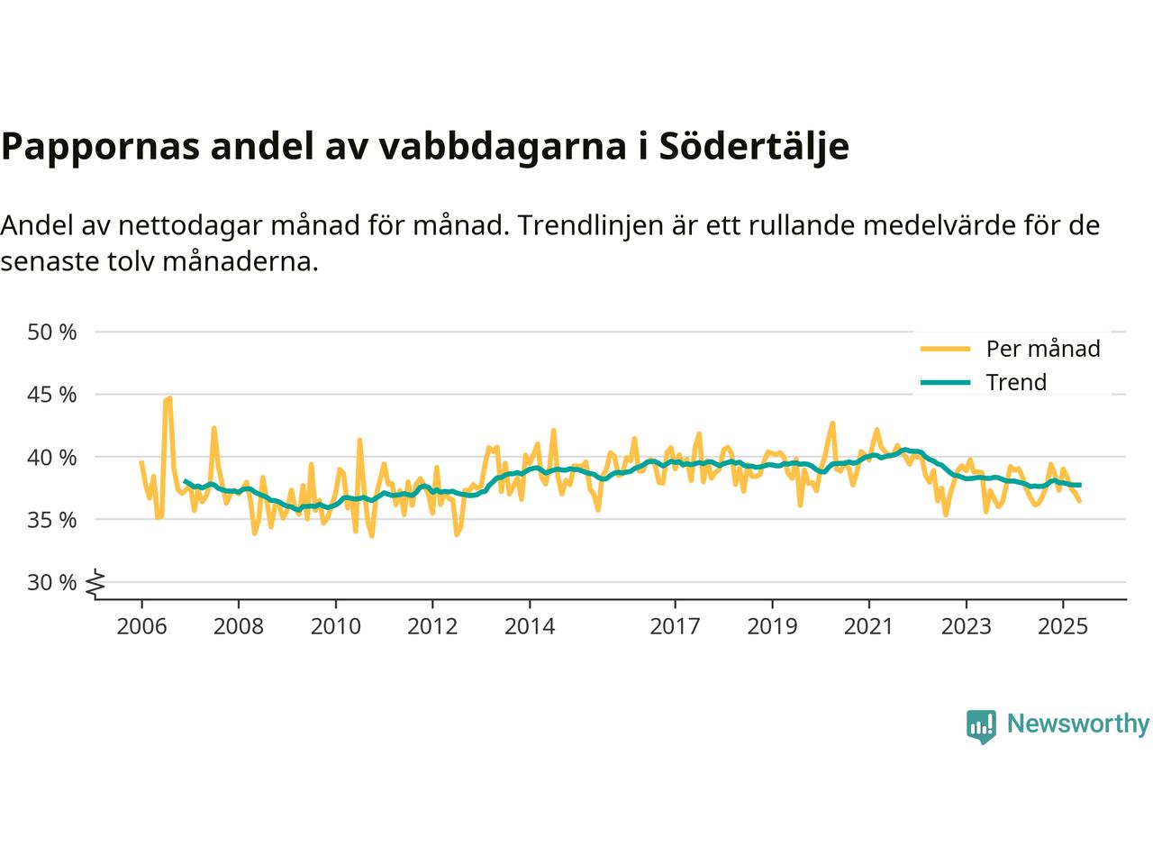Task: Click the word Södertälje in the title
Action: [x=754, y=146]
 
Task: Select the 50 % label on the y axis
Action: [x=52, y=332]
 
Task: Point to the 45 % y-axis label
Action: [x=52, y=395]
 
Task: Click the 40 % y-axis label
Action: [x=52, y=457]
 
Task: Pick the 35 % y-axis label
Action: [x=52, y=520]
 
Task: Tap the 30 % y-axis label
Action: [x=52, y=582]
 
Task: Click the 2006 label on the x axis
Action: [x=141, y=625]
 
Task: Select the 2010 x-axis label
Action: [x=335, y=625]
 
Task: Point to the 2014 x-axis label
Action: [x=530, y=625]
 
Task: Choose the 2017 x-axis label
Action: [x=675, y=625]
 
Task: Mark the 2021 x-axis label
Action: [x=868, y=625]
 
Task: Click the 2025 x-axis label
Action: [x=1063, y=625]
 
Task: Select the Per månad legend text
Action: [x=1043, y=349]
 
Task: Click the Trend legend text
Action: [x=1016, y=382]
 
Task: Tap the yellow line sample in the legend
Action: [x=944, y=349]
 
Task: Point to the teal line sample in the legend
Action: [x=944, y=383]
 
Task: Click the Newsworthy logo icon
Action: [x=981, y=725]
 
